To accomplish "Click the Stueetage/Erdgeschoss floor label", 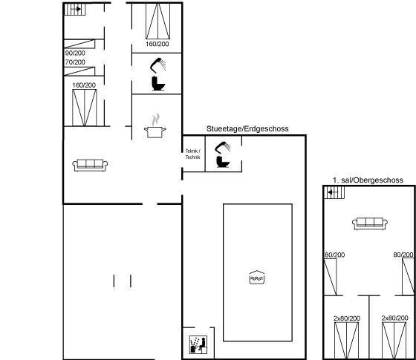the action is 247,129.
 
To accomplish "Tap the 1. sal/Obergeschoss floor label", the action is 368,180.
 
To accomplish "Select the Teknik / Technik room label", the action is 193,154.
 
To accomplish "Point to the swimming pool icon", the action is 257,278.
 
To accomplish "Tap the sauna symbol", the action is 198,344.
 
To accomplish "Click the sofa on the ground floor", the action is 90,165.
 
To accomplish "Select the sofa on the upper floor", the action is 370,223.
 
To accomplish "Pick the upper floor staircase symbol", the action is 334,192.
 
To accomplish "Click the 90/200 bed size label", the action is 75,53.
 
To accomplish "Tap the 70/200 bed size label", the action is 75,62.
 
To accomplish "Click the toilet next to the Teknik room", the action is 223,162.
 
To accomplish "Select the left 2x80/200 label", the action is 347,318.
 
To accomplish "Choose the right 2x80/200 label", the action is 394,318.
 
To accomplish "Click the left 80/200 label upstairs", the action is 335,255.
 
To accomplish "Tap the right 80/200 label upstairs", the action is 403,255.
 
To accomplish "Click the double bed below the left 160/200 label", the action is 85,108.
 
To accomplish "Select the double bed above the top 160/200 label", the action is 157,22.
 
